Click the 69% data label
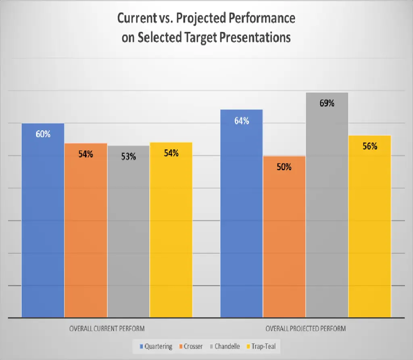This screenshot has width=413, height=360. tap(327, 103)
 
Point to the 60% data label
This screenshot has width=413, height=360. tap(43, 134)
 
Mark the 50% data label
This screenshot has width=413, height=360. tap(284, 167)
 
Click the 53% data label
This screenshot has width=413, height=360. tap(128, 157)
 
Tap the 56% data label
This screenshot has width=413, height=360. tap(369, 146)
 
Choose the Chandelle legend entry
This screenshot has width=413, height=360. tap(225, 346)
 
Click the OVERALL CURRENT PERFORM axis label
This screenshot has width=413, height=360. tap(107, 329)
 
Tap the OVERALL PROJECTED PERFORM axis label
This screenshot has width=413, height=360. tap(305, 329)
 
